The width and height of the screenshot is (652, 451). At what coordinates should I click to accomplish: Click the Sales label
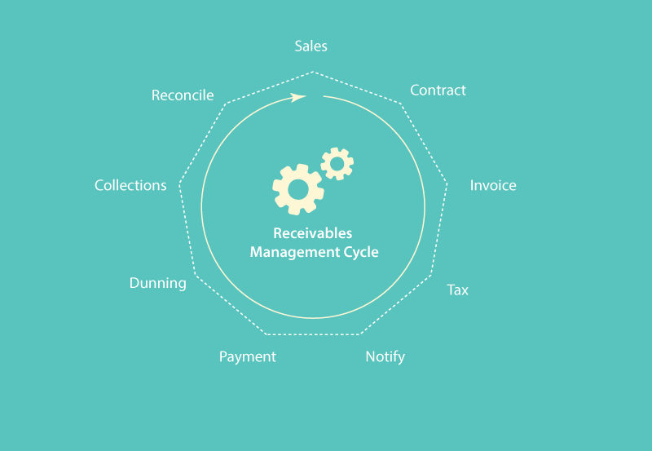311,46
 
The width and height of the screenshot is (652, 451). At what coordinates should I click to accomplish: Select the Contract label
438,90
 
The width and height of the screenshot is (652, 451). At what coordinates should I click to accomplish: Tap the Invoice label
493,185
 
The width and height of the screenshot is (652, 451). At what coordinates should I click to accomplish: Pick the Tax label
457,290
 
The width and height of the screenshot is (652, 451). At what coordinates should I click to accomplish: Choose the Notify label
385,357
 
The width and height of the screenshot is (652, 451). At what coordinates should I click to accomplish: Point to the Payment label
248,357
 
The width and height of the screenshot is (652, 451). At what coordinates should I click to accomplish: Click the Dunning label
158,283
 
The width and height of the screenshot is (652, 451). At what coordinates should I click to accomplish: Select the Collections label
130,185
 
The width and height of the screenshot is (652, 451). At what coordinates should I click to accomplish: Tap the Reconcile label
183,95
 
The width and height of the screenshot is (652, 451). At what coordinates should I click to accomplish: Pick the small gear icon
337,163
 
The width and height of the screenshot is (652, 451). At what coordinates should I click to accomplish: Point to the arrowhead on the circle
298,97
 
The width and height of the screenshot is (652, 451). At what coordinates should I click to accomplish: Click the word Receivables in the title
313,233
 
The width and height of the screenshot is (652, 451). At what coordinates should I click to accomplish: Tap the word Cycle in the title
361,252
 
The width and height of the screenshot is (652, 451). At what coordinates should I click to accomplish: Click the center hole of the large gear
298,190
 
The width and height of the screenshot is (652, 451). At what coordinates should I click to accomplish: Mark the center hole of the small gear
337,163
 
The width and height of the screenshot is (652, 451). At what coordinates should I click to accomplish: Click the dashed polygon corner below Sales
313,72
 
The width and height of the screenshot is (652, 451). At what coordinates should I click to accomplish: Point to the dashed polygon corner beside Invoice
447,183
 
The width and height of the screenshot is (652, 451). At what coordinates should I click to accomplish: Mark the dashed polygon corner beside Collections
179,183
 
